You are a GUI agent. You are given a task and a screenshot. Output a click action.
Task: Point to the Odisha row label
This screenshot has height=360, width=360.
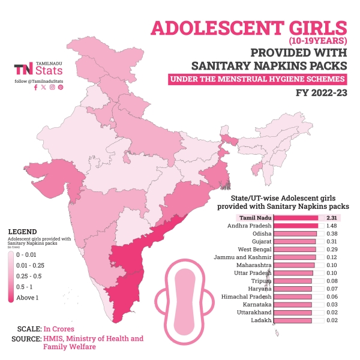click(x=262, y=233)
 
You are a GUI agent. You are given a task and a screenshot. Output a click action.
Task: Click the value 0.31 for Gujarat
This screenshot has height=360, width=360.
click(x=331, y=241)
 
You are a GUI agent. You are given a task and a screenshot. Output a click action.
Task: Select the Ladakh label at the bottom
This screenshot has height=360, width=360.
click(x=262, y=320)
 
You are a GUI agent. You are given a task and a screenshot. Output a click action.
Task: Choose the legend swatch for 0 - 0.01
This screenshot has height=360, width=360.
click(x=11, y=255)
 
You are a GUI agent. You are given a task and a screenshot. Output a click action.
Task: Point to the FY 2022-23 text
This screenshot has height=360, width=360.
click(x=321, y=93)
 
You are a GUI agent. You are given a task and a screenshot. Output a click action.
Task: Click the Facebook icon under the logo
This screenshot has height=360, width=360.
click(x=36, y=88)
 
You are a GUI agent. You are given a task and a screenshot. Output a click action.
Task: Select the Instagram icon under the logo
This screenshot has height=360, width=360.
click(x=52, y=88)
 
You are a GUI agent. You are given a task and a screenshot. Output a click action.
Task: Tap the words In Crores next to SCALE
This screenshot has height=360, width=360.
click(x=59, y=329)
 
